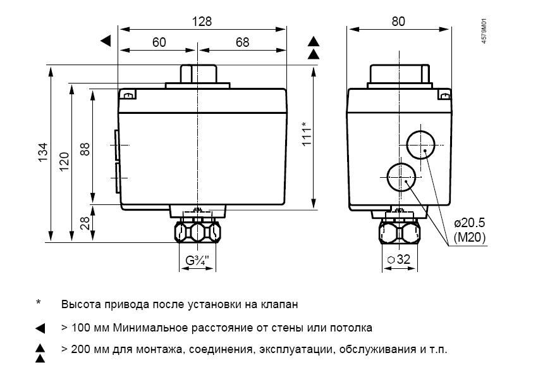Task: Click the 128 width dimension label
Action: tap(202, 22)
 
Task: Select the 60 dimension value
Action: tap(159, 42)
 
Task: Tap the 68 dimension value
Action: tap(242, 42)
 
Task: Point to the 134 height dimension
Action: tap(43, 152)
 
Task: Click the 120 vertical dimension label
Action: tap(64, 162)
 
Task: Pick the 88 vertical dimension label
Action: tap(85, 149)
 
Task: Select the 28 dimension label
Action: tap(85, 223)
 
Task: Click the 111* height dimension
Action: tap(307, 134)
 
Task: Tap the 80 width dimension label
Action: tap(398, 22)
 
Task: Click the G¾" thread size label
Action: tap(197, 260)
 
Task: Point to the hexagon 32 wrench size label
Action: tap(399, 259)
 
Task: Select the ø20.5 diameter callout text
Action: tap(469, 223)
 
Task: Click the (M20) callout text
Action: tap(469, 237)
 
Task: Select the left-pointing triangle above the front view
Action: tap(106, 41)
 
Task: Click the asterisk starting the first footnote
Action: tap(39, 302)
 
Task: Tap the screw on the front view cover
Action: tap(129, 96)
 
